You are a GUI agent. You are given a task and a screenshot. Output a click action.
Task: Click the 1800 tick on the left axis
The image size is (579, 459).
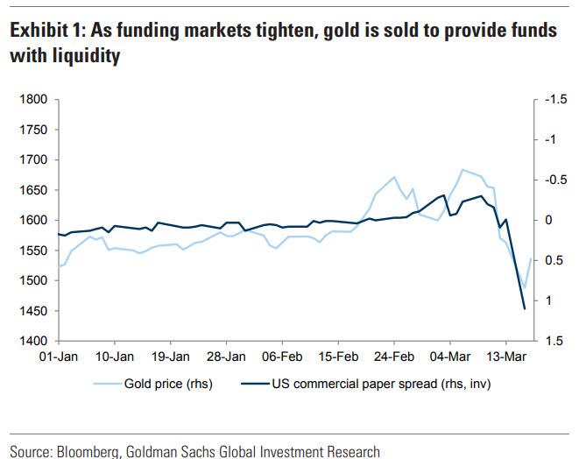click(x=32, y=100)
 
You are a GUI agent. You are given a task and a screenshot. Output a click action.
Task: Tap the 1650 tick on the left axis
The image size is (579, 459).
click(x=32, y=190)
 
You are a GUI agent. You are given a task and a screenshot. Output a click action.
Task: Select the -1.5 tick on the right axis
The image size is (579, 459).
click(x=555, y=100)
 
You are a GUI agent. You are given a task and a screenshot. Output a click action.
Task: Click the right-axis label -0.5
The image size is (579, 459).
click(x=555, y=180)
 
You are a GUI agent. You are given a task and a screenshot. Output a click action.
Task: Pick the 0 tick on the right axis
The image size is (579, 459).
click(x=550, y=220)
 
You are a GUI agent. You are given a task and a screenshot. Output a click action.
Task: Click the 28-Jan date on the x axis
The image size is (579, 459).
click(x=226, y=357)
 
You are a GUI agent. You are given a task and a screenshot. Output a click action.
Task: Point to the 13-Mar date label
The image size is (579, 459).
click(x=506, y=357)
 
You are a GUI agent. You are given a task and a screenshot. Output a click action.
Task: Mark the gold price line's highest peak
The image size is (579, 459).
click(x=462, y=169)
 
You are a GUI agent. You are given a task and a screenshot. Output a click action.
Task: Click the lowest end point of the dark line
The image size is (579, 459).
click(x=525, y=308)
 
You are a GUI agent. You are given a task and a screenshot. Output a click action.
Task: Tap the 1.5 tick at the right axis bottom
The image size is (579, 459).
click(x=552, y=341)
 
